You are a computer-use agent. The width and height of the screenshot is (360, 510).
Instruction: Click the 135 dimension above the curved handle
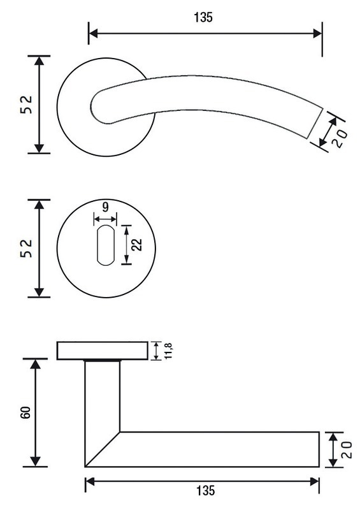point(203,17)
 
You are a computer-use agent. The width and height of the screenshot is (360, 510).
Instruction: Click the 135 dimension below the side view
point(206,490)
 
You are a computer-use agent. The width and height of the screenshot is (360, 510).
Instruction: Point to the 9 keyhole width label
point(105,207)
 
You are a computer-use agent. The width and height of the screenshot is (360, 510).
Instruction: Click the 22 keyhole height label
point(137,245)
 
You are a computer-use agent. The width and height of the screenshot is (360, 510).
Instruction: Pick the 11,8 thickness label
point(169,351)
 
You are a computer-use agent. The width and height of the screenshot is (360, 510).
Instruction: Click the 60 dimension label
point(26,412)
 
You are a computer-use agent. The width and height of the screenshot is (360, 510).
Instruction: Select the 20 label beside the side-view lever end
point(347,449)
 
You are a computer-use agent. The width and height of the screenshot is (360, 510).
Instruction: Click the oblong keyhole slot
point(105,245)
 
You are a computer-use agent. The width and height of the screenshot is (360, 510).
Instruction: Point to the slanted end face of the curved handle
point(315,123)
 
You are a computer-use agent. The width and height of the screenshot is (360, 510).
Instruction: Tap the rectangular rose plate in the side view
point(103,351)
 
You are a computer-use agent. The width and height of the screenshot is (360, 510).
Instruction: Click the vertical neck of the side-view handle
point(102,396)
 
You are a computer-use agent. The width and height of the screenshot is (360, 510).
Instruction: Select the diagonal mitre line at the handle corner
point(103,449)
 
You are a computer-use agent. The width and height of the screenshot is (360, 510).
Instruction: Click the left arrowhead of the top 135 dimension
point(93,33)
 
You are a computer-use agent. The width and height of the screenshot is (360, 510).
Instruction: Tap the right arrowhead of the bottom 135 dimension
point(315,482)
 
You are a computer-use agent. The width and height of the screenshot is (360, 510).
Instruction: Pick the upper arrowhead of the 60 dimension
point(35,363)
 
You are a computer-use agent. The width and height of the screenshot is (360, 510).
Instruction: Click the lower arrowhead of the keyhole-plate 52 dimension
point(39,292)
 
